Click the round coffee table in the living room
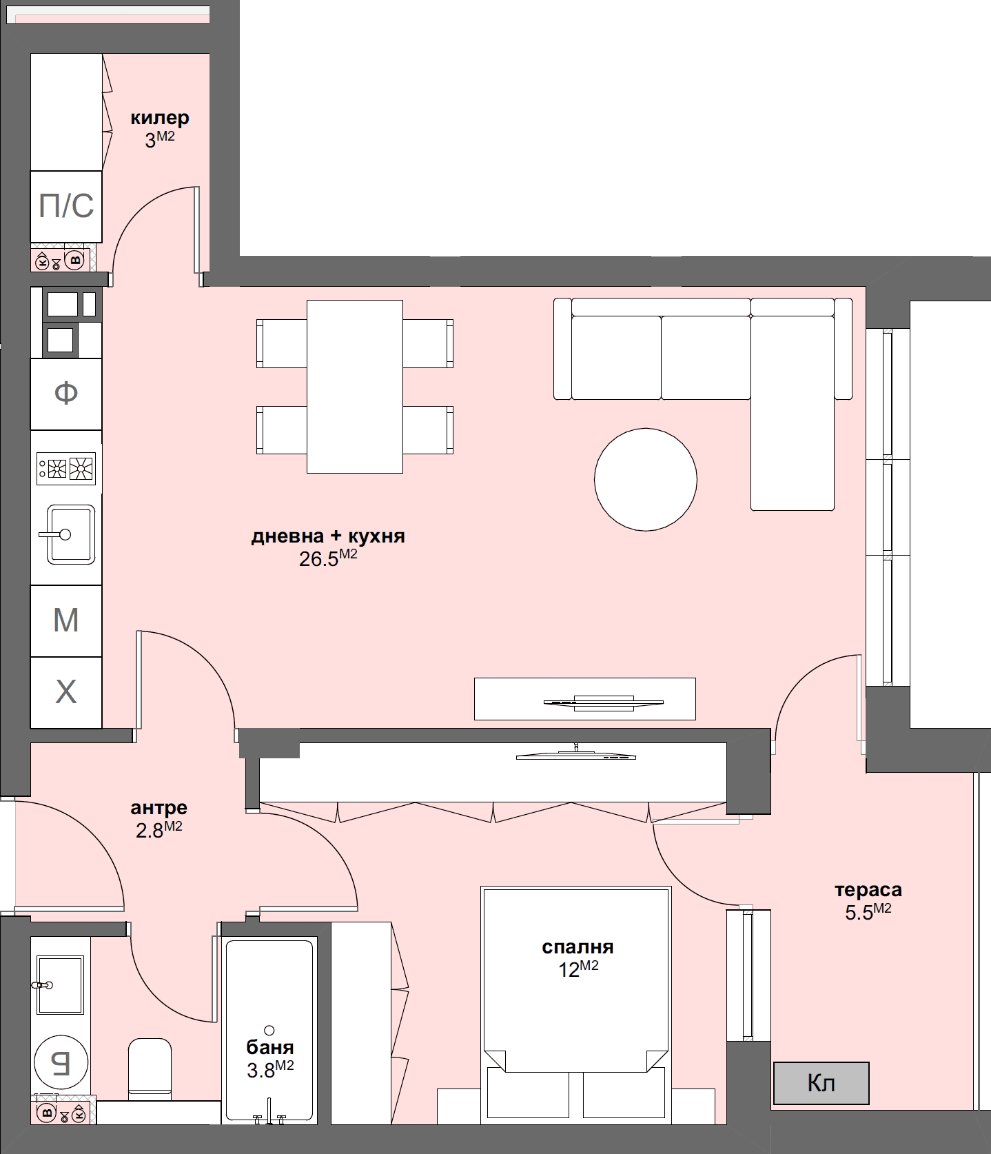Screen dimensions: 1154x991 click(x=645, y=480)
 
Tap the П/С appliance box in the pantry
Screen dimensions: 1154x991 click(x=66, y=206)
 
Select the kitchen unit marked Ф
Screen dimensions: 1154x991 click(x=66, y=394)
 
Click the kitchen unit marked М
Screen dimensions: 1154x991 click(x=66, y=620)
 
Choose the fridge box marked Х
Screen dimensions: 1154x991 click(x=66, y=691)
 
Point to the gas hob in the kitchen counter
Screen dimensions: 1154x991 click(x=66, y=469)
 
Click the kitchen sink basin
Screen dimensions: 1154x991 click(x=70, y=535)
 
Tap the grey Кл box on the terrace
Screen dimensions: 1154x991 click(x=821, y=1083)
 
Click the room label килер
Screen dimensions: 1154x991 click(x=159, y=118)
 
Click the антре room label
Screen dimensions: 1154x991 click(x=159, y=807)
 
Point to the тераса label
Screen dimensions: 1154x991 click(x=868, y=890)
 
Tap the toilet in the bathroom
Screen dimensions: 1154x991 click(x=150, y=1069)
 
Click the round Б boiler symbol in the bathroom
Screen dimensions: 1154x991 click(x=61, y=1062)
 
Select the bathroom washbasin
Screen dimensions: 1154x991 click(x=60, y=984)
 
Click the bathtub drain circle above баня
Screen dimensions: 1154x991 click(x=269, y=1030)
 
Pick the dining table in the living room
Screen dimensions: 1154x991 click(x=354, y=386)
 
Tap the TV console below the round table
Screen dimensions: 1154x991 click(x=584, y=699)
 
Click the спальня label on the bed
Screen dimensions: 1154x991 click(x=578, y=947)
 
